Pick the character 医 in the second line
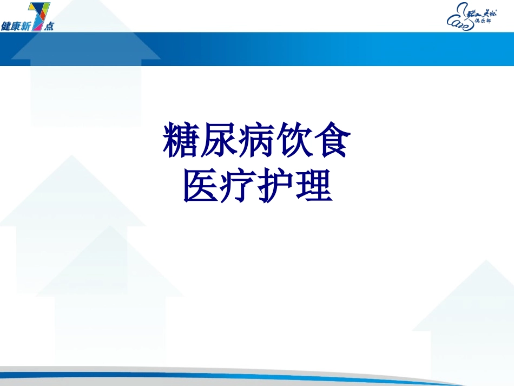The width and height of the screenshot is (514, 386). pyautogui.click(x=200, y=187)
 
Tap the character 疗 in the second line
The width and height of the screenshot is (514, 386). pyautogui.click(x=238, y=187)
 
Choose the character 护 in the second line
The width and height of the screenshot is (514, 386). pyautogui.click(x=276, y=187)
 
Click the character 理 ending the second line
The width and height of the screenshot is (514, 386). pyautogui.click(x=314, y=187)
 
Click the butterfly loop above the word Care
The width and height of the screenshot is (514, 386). pyautogui.click(x=462, y=8)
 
